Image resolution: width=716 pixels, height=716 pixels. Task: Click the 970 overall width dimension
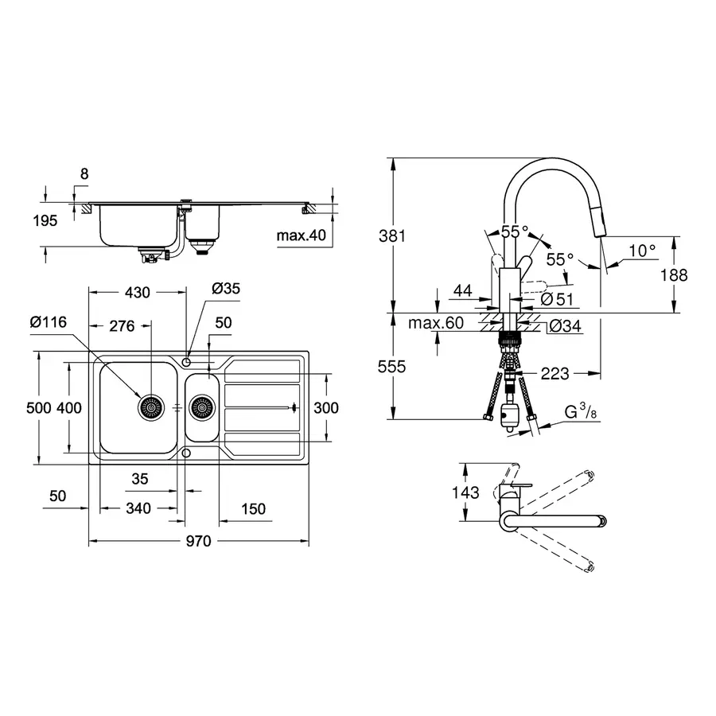198,542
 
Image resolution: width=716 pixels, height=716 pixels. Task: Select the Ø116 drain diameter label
49,321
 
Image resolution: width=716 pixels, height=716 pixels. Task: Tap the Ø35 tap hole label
225,289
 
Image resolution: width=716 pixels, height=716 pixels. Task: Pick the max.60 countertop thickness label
435,324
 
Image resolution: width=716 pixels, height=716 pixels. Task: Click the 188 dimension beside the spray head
674,275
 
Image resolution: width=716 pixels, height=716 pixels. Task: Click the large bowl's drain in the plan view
150,408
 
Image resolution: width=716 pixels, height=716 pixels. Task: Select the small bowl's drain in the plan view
202,408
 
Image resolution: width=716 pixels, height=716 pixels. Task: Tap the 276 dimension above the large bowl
122,326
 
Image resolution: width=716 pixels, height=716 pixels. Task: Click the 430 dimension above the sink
137,293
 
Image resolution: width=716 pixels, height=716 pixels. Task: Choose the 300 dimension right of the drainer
325,408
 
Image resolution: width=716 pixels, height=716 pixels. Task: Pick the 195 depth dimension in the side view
45,220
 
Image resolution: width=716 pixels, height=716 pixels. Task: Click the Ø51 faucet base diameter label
557,299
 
